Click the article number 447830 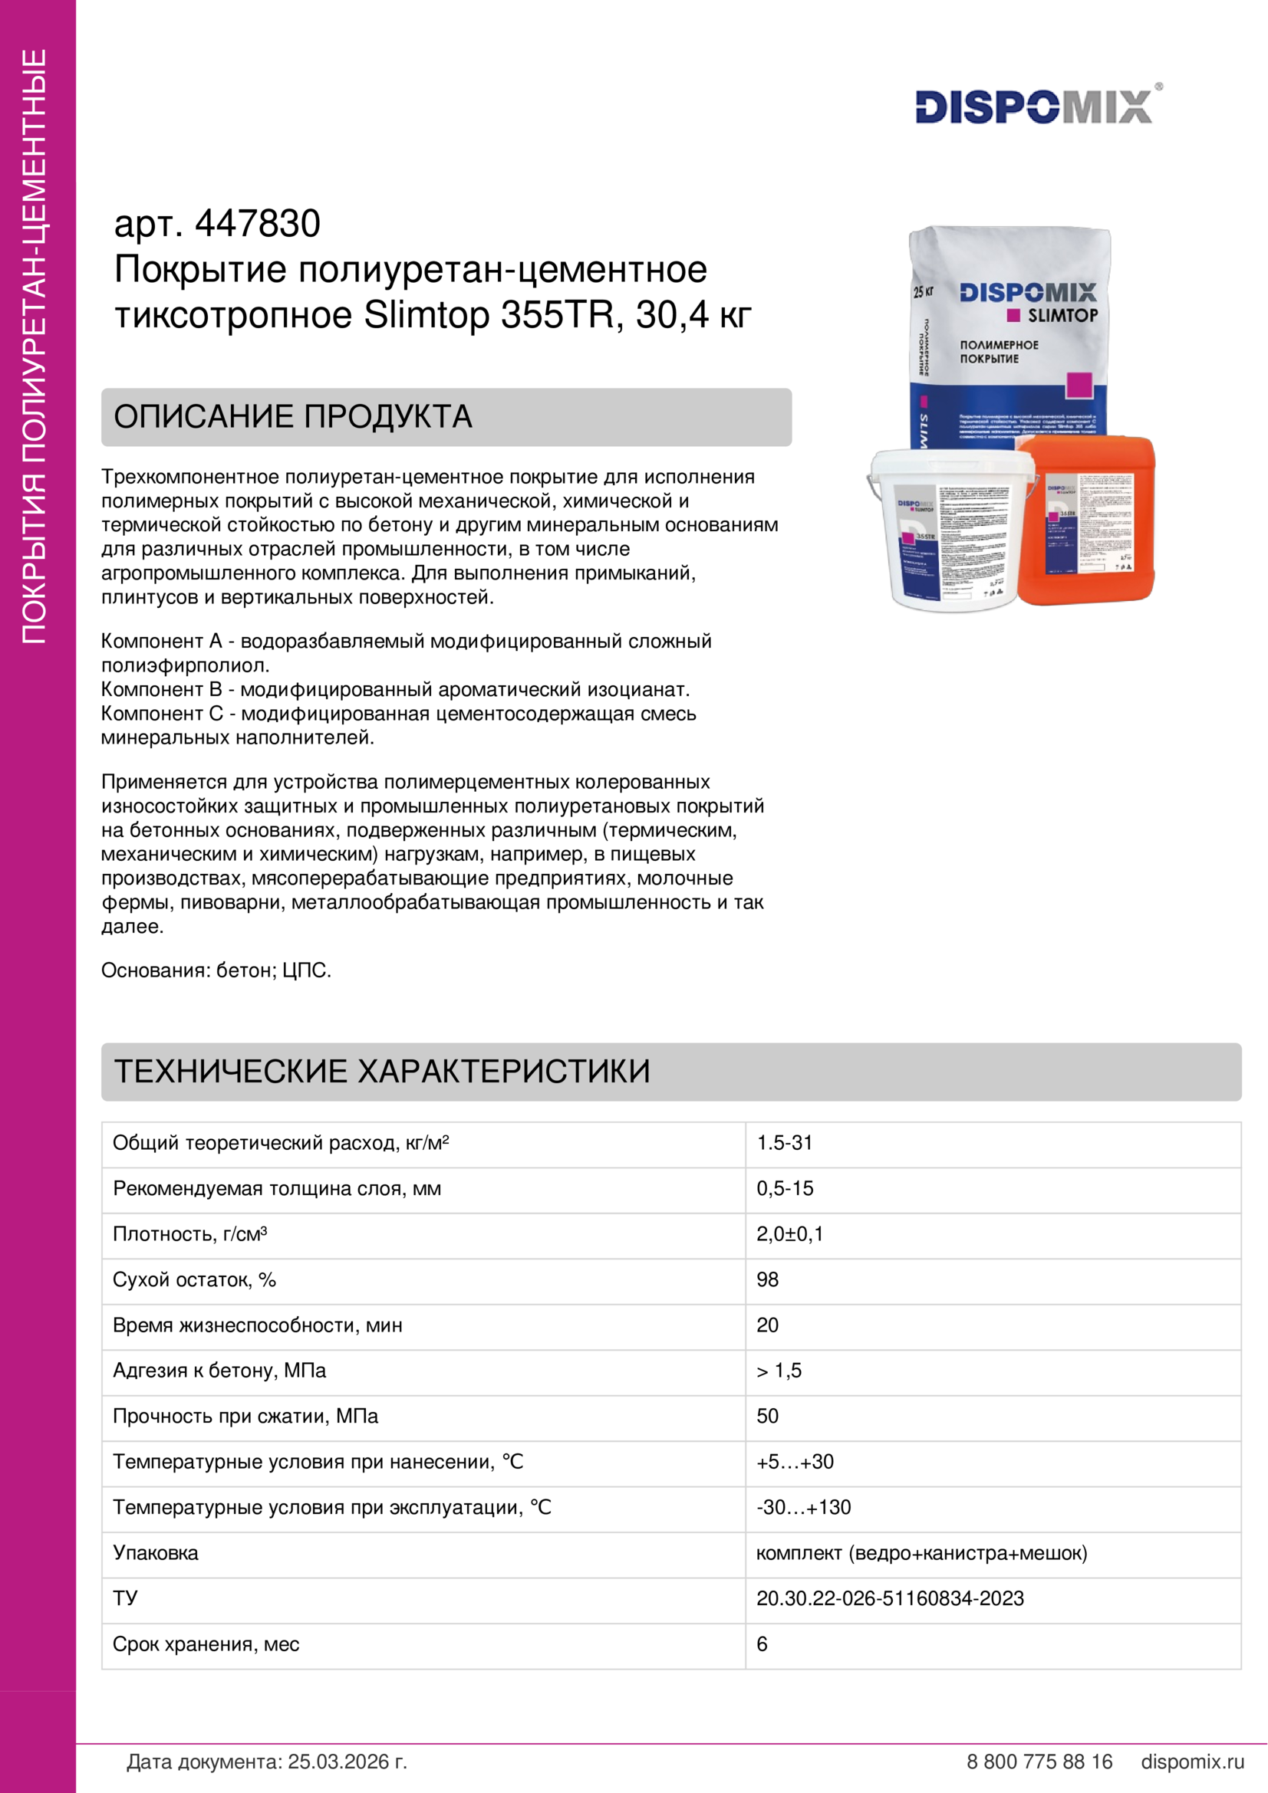point(257,224)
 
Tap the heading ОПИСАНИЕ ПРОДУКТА point(293,417)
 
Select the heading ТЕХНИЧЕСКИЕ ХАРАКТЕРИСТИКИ point(382,1072)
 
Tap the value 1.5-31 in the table point(785,1143)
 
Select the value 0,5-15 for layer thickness point(785,1189)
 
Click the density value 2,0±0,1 point(789,1234)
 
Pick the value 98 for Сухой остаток point(767,1280)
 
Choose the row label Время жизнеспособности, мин point(257,1325)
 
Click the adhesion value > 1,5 point(779,1371)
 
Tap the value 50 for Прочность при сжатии point(767,1417)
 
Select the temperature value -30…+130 point(803,1507)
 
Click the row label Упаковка point(156,1553)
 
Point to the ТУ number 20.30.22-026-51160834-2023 point(890,1598)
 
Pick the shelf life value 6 point(762,1644)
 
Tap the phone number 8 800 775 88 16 point(1039,1762)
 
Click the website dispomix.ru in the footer point(1192,1762)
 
